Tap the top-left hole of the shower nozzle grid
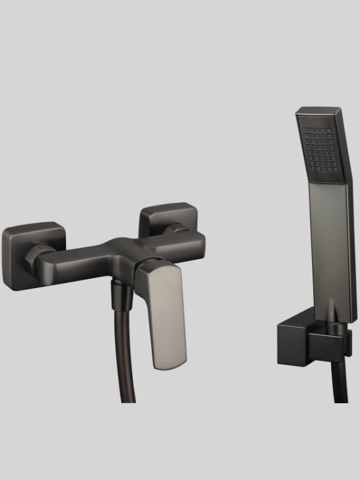(x=307, y=130)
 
